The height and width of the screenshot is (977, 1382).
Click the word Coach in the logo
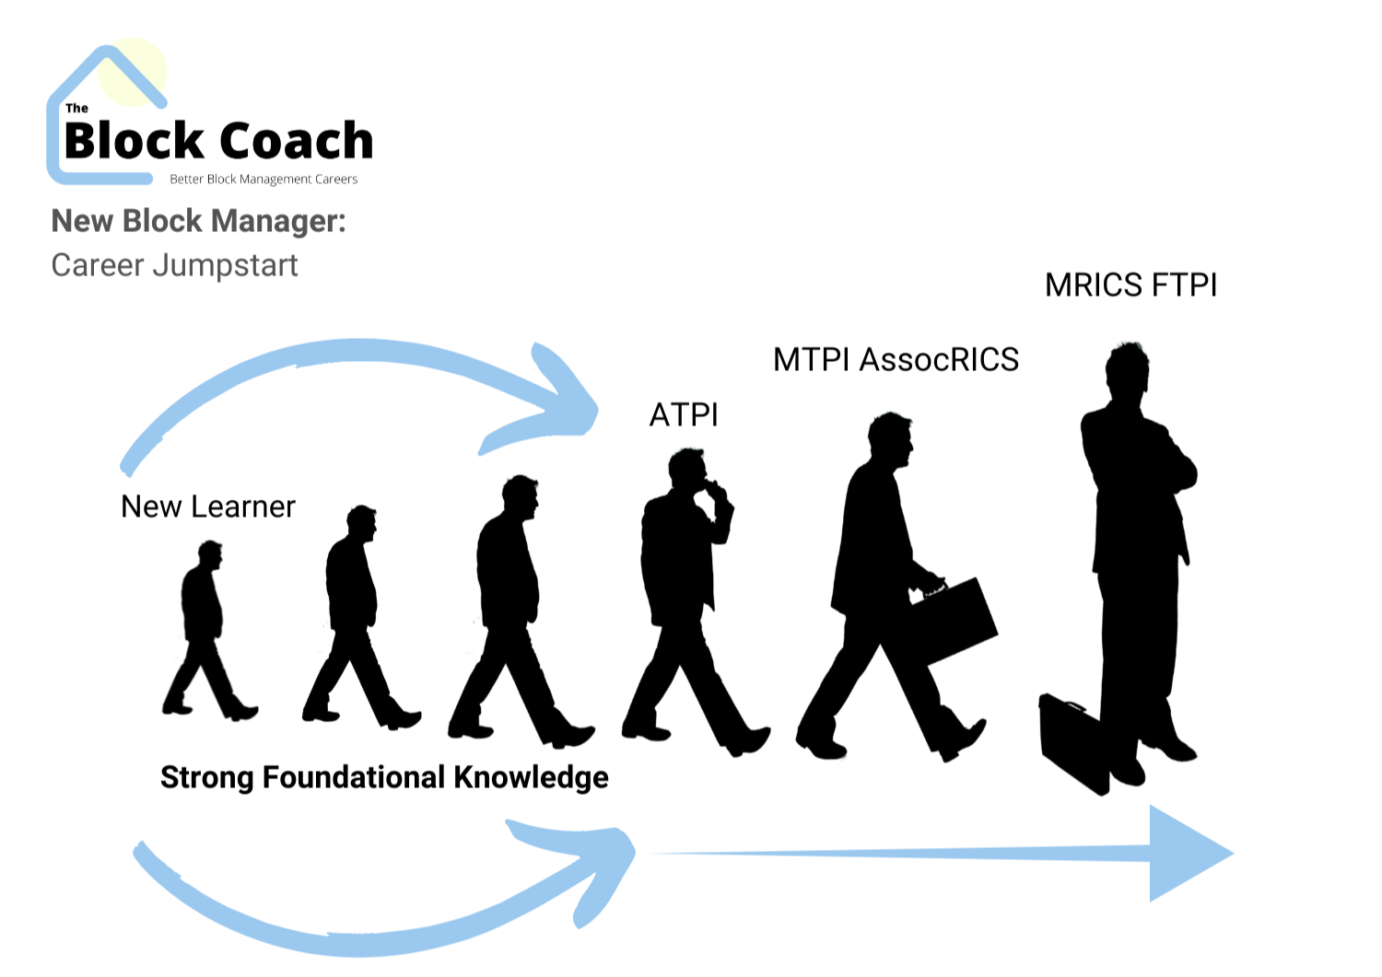(x=296, y=141)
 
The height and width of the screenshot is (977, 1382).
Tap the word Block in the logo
(x=134, y=141)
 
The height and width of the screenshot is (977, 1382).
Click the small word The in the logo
(x=77, y=108)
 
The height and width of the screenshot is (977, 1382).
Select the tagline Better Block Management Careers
(x=264, y=180)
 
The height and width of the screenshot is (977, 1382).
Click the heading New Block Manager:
(x=198, y=221)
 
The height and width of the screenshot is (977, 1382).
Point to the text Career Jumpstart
(x=174, y=265)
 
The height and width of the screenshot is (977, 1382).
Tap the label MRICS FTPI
(x=1130, y=285)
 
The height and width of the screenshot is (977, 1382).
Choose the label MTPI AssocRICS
(x=896, y=359)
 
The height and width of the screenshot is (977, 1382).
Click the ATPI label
(x=684, y=415)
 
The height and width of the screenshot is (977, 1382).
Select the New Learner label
(x=208, y=506)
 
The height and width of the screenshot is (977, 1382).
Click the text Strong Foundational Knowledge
(x=384, y=777)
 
